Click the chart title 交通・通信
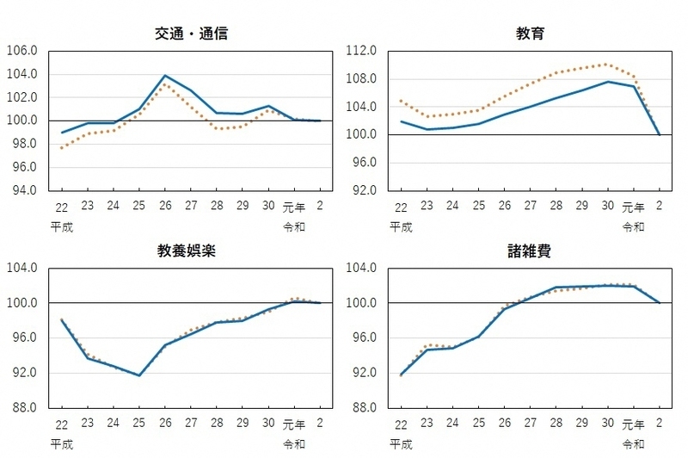(x=192, y=34)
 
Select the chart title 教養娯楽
(x=192, y=251)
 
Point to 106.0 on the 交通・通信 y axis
(x=22, y=51)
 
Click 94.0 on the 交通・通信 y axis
(x=22, y=191)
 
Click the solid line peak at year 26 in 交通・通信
(x=164, y=76)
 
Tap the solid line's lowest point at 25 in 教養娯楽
(x=138, y=375)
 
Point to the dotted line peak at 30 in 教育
(x=606, y=64)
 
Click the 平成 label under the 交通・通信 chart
(x=63, y=227)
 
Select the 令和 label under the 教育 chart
(x=632, y=227)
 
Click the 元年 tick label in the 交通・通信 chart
(x=294, y=207)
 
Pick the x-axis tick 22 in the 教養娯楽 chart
(x=63, y=425)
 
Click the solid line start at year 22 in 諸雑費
(x=401, y=374)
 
